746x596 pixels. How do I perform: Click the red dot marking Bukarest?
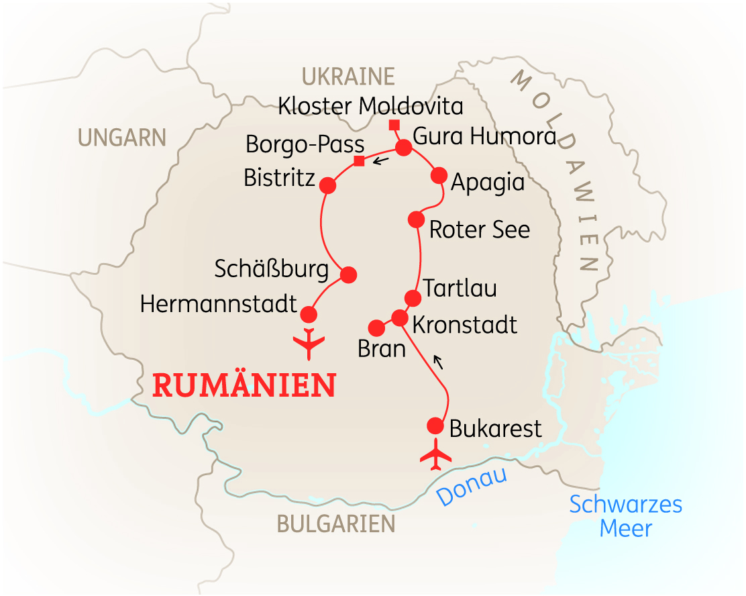[x=435, y=426]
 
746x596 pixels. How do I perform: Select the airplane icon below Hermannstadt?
[x=309, y=343]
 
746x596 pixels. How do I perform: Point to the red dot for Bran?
[x=377, y=327]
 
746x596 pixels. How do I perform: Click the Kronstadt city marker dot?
[x=399, y=317]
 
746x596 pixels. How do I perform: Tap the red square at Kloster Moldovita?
[x=394, y=124]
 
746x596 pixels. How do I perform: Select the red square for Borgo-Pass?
[x=359, y=160]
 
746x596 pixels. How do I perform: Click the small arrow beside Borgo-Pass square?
[x=381, y=160]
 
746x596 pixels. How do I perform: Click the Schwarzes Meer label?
[x=626, y=516]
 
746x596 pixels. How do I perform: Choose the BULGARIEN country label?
[x=335, y=524]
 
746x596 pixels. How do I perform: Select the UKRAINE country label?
[x=348, y=77]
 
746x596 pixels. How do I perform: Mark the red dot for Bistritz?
[x=328, y=185]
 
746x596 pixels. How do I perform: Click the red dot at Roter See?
[x=416, y=219]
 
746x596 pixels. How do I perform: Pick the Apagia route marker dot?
[x=439, y=175]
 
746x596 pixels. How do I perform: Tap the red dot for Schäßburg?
[x=348, y=275]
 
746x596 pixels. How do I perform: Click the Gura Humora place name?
[x=484, y=137]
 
